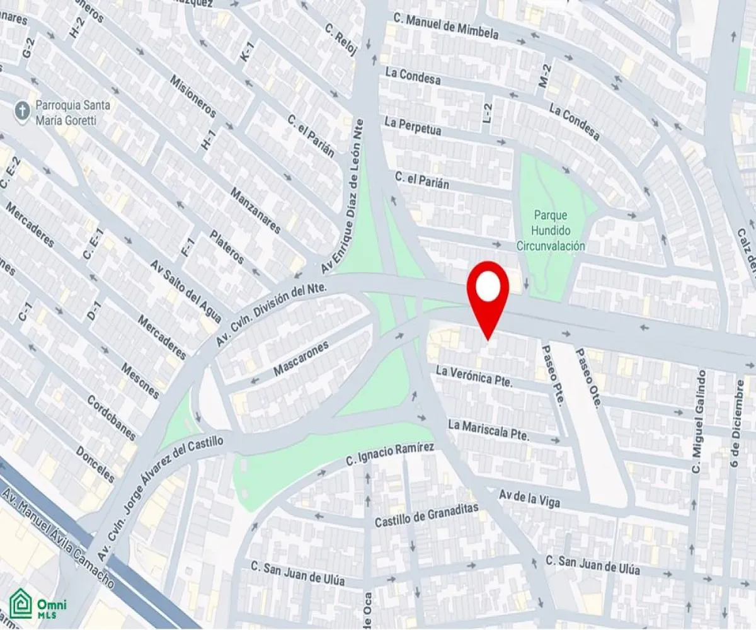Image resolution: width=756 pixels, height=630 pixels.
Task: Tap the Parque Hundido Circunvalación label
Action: pyautogui.click(x=550, y=231)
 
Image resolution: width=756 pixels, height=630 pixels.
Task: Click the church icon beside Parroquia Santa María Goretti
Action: pyautogui.click(x=22, y=112)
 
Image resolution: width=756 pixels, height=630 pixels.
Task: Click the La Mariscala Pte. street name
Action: pyautogui.click(x=488, y=430)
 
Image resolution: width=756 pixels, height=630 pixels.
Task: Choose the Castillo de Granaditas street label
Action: pyautogui.click(x=427, y=515)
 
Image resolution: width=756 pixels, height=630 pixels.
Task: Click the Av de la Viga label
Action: pyautogui.click(x=529, y=498)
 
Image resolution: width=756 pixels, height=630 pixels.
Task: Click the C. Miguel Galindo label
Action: pyautogui.click(x=698, y=422)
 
